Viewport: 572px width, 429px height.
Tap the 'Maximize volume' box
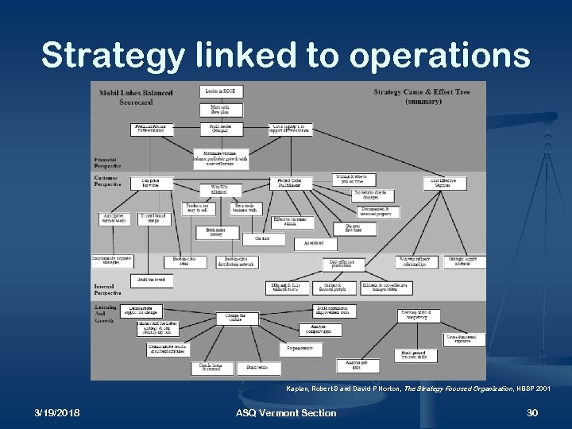click(x=220, y=157)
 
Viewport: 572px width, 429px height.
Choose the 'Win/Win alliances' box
click(x=219, y=188)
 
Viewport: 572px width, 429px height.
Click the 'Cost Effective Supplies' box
click(x=445, y=183)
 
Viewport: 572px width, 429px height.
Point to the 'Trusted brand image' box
click(x=153, y=218)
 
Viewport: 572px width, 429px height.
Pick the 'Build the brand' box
click(x=151, y=280)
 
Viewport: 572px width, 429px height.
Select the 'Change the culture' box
click(x=238, y=317)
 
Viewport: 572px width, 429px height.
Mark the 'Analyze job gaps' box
click(x=350, y=365)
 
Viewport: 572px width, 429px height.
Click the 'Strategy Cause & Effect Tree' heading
click(x=422, y=96)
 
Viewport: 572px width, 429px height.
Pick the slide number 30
click(x=532, y=412)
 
